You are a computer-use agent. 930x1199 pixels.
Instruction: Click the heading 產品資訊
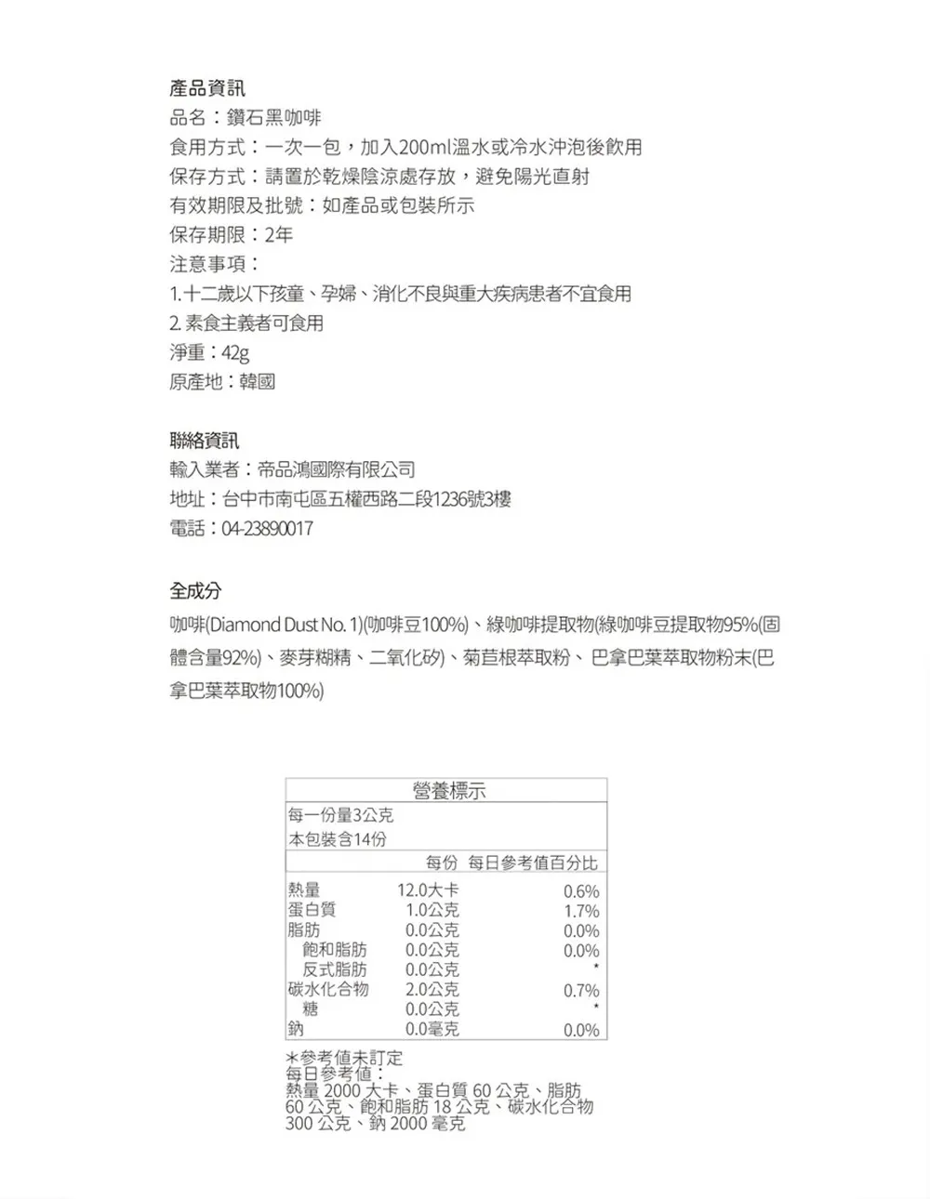coord(207,88)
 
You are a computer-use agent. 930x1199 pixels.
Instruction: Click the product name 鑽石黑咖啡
coord(275,118)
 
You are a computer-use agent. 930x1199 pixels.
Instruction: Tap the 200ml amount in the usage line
coord(424,147)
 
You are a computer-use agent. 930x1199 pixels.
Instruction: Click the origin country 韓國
coord(258,382)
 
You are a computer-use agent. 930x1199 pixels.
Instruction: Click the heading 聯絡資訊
coord(205,441)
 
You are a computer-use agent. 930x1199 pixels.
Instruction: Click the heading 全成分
coord(195,590)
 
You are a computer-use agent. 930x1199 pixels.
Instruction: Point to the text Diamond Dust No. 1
coord(282,624)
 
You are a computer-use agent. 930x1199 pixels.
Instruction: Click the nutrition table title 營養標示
coord(448,791)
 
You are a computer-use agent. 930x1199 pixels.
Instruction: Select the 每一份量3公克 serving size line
coord(341,816)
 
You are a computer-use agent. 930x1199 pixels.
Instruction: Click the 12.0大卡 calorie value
coord(428,890)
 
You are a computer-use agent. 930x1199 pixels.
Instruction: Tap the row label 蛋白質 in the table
coord(312,910)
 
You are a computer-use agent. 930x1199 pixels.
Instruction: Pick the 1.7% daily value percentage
coord(581,911)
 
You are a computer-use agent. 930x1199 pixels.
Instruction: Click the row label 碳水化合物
coord(328,989)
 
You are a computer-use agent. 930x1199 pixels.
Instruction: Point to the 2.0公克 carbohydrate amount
coord(432,990)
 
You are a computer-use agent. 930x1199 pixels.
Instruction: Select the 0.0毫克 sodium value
coord(432,1029)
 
